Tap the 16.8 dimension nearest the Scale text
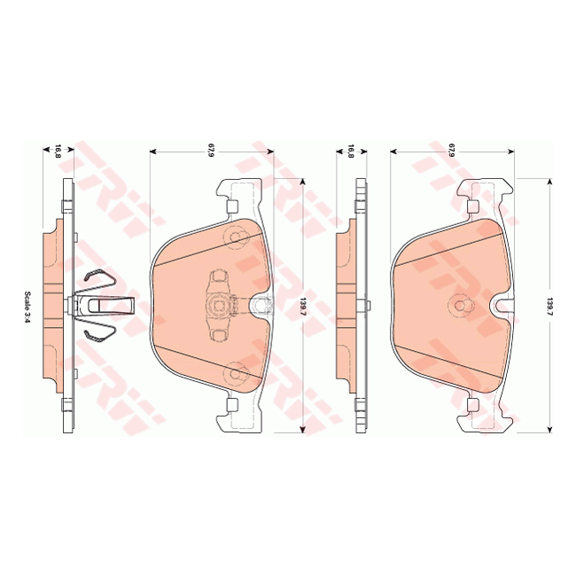point(58,152)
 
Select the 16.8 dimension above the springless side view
point(351,152)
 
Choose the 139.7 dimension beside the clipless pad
point(550,306)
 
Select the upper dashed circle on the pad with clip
point(236,237)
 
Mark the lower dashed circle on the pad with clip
point(236,372)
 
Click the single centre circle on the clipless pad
point(459,305)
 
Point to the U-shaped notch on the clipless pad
point(502,306)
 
